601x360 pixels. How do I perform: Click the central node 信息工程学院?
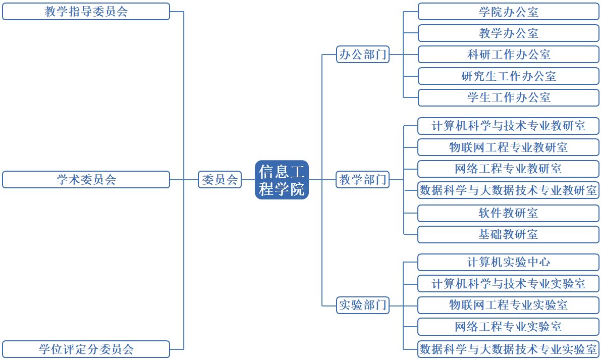click(x=282, y=180)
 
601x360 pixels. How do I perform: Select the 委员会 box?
click(x=220, y=180)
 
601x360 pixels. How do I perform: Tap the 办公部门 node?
click(x=363, y=55)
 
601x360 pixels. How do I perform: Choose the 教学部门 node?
click(x=363, y=180)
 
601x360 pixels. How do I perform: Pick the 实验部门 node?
click(x=363, y=305)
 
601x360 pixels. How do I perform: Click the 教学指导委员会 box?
click(x=86, y=12)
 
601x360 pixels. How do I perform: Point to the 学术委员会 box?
click(x=86, y=180)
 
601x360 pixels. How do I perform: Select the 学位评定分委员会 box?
click(x=86, y=349)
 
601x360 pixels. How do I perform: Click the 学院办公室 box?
click(x=509, y=12)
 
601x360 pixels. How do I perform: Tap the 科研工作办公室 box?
click(x=509, y=55)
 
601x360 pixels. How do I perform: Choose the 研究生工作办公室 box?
click(x=509, y=76)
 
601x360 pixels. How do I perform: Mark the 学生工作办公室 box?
click(x=509, y=97)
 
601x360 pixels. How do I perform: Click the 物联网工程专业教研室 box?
click(x=509, y=147)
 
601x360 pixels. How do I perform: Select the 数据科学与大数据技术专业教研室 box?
click(x=509, y=190)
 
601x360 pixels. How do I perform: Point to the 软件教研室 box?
click(x=509, y=213)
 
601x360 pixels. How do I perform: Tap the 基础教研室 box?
click(x=509, y=234)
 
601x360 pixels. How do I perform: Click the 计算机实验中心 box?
click(x=509, y=262)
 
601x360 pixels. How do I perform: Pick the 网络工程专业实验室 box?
click(x=509, y=327)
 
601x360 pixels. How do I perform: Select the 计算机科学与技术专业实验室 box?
click(x=509, y=283)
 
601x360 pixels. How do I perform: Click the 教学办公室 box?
click(x=509, y=33)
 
